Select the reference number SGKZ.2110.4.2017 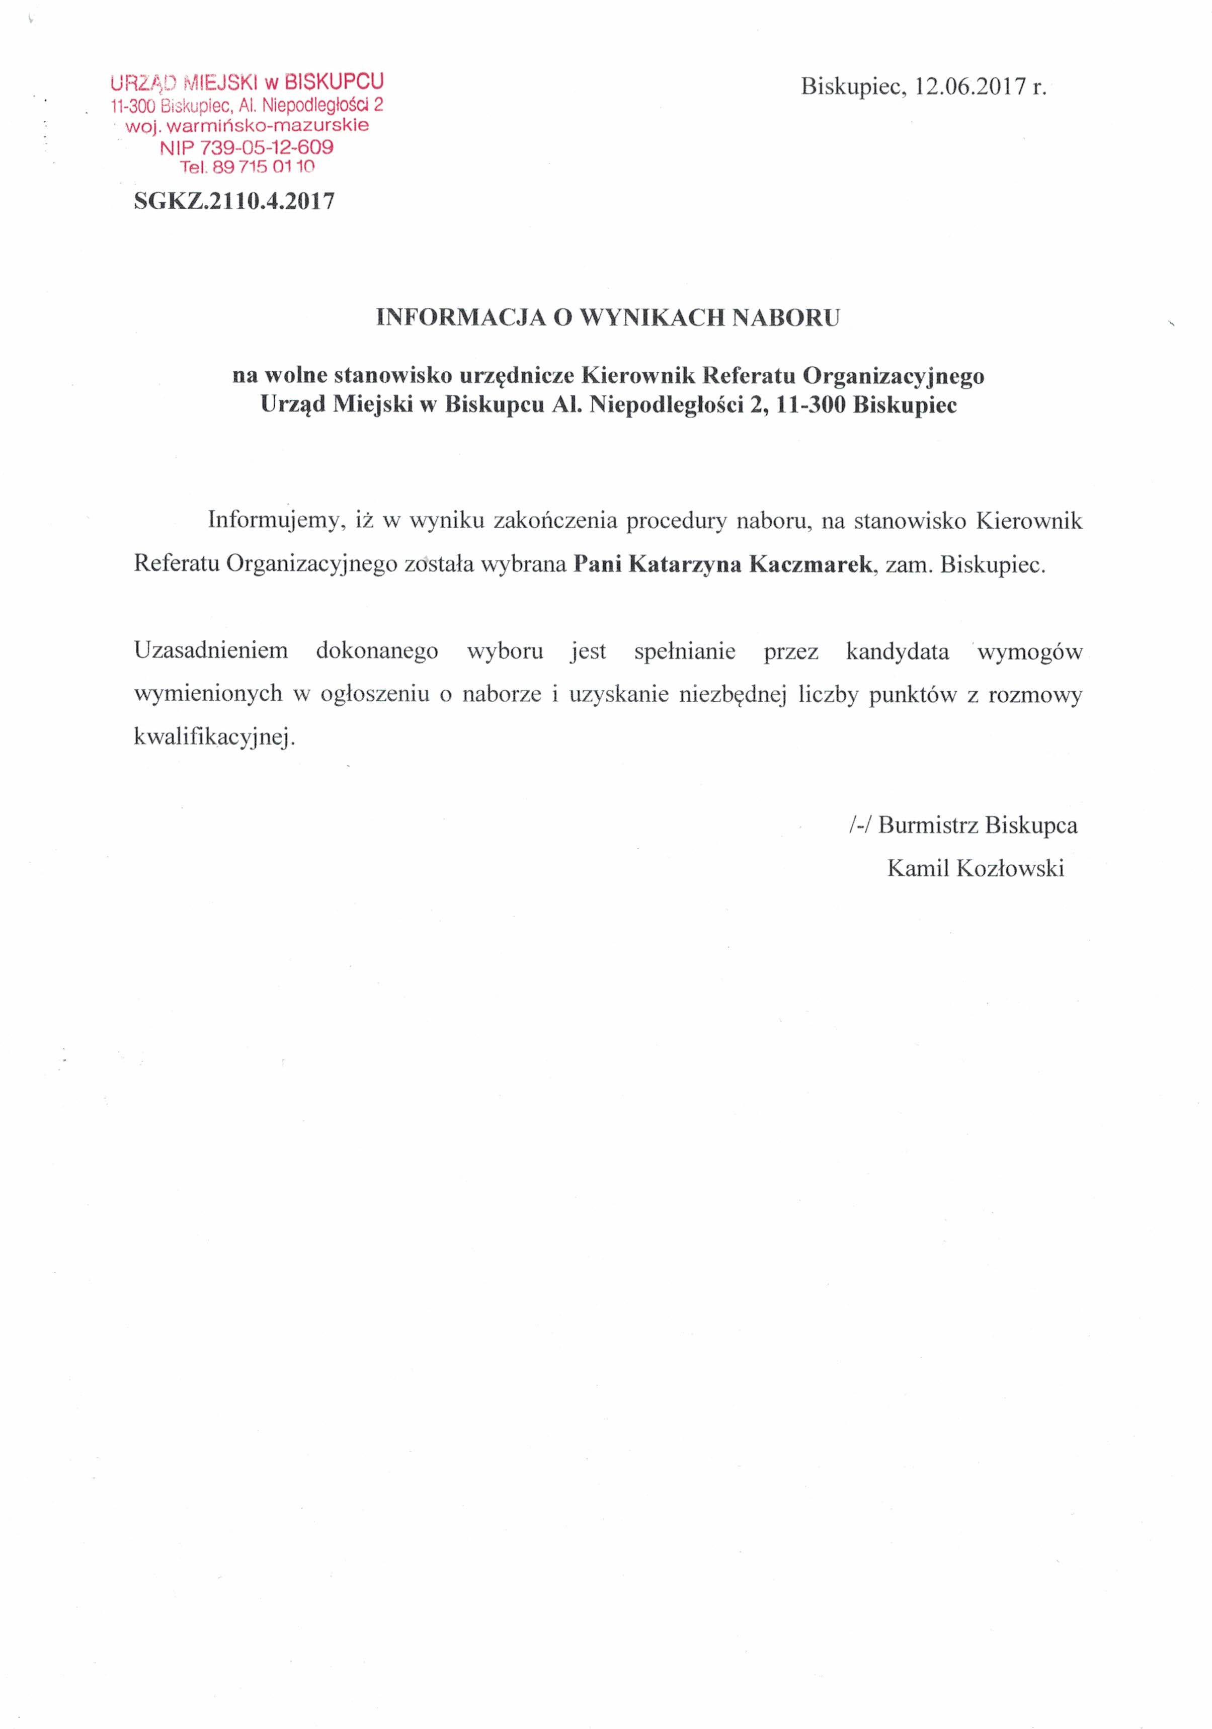[x=234, y=201]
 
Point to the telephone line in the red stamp [x=247, y=167]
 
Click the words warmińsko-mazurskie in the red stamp [x=268, y=126]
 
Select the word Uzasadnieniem [x=211, y=650]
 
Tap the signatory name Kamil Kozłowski [x=976, y=868]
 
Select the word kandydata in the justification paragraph [x=897, y=650]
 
